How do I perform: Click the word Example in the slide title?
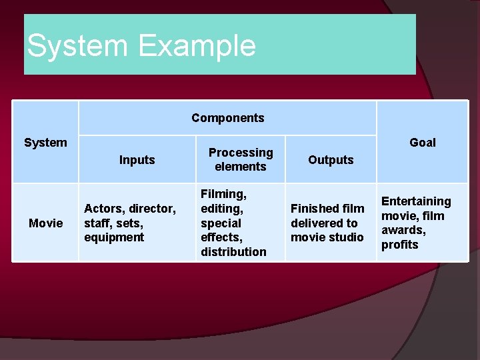pos(197,47)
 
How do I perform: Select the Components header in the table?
pos(227,118)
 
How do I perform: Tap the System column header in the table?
pos(45,143)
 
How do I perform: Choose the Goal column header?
pos(422,143)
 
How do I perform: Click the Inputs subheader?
pos(137,160)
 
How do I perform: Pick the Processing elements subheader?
pos(241,160)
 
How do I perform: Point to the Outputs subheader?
pos(331,160)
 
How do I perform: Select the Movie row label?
pos(45,223)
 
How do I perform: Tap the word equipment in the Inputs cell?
pos(114,237)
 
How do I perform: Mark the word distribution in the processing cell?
pos(233,252)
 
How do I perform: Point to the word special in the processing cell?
pos(221,223)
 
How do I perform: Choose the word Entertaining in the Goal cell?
pos(415,201)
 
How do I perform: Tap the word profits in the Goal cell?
pos(399,245)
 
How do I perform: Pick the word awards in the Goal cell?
pos(402,230)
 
